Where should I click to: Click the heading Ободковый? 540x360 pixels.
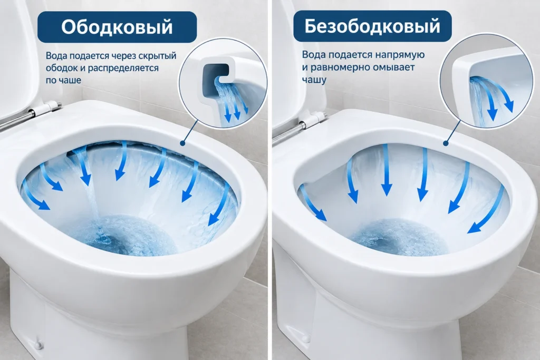117,27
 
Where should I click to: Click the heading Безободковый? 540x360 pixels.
372,26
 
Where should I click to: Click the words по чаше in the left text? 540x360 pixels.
63,80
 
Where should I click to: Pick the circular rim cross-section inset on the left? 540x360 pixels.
223,83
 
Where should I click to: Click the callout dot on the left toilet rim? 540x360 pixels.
182,143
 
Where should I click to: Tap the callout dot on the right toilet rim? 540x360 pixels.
446,143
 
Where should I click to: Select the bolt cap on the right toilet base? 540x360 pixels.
305,339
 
